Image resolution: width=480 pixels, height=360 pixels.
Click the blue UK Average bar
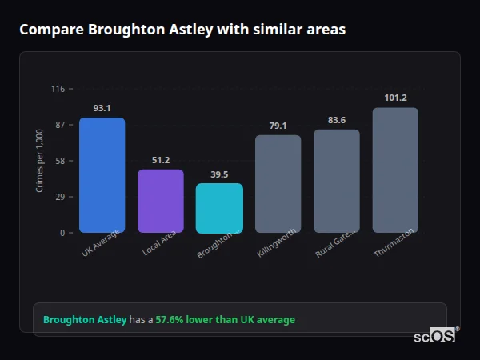click(102, 175)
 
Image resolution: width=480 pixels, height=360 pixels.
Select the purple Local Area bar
click(160, 201)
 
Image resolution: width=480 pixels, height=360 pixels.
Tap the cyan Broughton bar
click(219, 208)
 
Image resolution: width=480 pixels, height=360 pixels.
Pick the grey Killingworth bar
click(278, 184)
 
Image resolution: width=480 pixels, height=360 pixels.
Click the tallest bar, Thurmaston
click(395, 170)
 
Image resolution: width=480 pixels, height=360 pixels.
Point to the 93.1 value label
click(102, 108)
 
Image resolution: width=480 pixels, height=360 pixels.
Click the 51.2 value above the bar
click(160, 160)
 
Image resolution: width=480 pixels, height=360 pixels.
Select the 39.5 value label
click(219, 174)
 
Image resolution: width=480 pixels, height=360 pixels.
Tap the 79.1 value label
click(278, 126)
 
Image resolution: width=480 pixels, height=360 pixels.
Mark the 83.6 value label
click(337, 120)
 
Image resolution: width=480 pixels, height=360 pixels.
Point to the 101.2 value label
click(395, 98)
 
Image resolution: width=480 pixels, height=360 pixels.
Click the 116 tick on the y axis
click(58, 89)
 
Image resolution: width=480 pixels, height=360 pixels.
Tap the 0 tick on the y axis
click(62, 233)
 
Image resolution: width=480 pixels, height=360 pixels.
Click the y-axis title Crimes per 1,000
click(39, 160)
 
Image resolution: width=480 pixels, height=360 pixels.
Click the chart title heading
click(182, 30)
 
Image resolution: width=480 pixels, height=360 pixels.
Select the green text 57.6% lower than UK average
click(226, 320)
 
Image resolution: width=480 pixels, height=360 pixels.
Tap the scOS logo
click(434, 336)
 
